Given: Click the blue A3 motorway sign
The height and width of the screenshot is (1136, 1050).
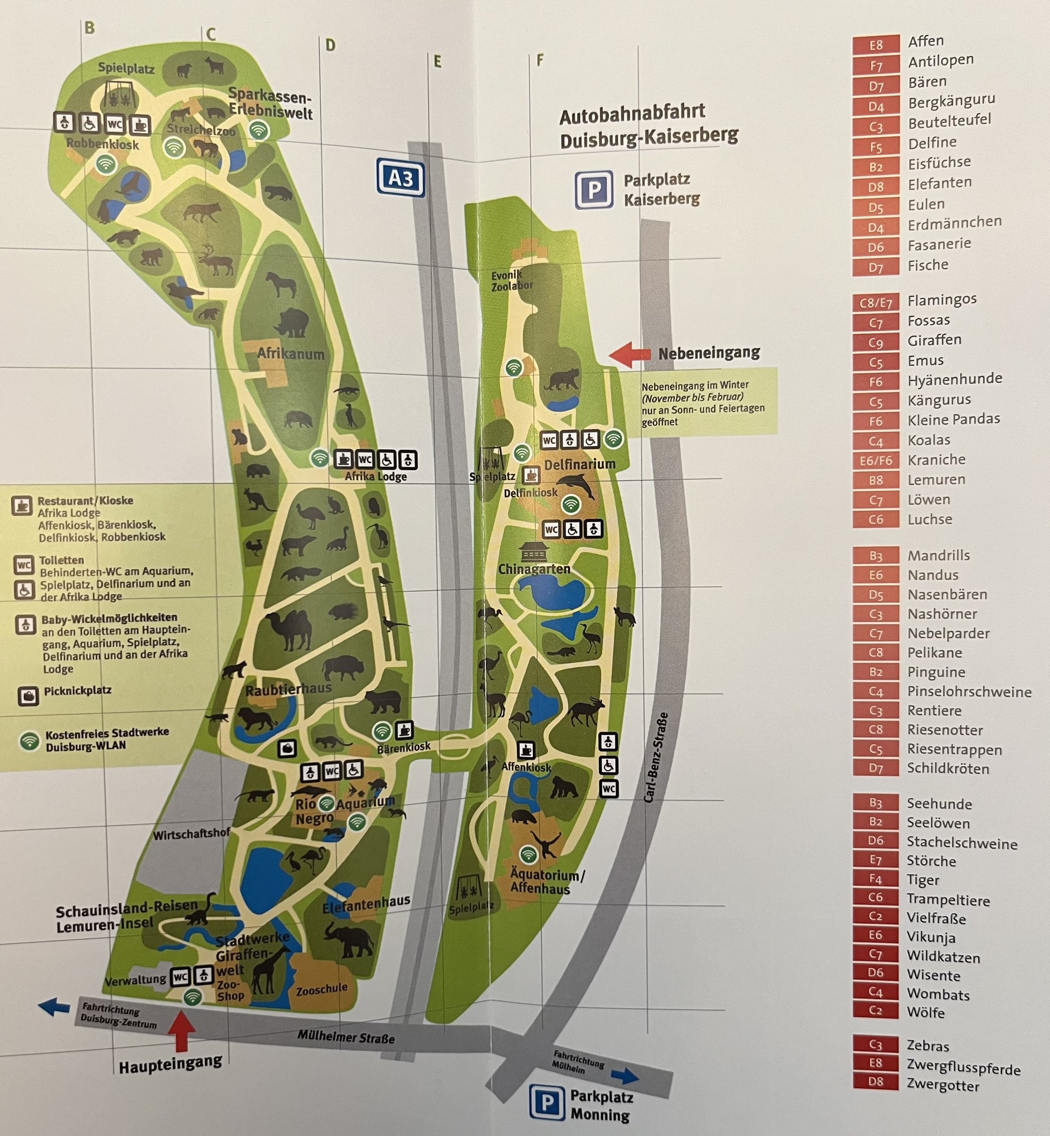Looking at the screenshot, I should point(400,178).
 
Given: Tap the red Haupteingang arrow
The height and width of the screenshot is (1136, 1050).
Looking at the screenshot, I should point(181,1031).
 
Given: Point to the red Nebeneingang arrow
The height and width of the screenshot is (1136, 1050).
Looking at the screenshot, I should point(630,353).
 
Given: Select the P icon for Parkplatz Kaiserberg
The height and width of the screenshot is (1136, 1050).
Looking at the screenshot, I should point(594,189).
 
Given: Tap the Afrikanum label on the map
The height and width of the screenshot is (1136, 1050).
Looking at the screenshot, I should point(290,354).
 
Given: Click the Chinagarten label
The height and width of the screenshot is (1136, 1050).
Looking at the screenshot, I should point(533,569).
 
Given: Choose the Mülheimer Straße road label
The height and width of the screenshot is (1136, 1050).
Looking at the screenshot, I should point(346,1037).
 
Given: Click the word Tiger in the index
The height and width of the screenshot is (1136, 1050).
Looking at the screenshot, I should point(923,880).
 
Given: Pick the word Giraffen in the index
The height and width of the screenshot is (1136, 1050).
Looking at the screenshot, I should point(934,340).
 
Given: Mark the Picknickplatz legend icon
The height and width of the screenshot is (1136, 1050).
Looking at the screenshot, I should point(28,696).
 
